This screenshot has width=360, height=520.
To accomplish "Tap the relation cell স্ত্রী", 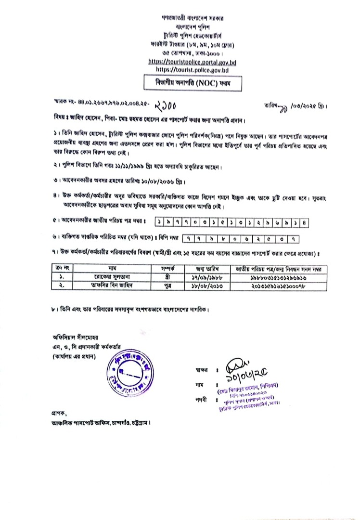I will pyautogui.click(x=167, y=277).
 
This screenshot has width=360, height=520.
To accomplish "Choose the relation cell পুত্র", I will pyautogui.click(x=167, y=285).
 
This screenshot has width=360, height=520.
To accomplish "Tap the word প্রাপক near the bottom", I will pyautogui.click(x=58, y=413).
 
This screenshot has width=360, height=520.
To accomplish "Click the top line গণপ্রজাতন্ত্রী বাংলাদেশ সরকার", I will pyautogui.click(x=192, y=18).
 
